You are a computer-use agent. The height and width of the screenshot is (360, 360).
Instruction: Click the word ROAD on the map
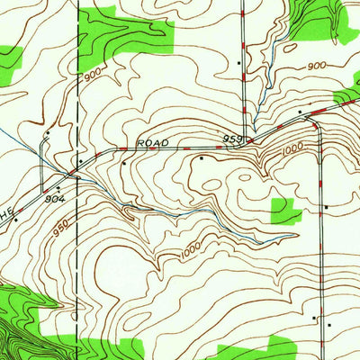point(152,142)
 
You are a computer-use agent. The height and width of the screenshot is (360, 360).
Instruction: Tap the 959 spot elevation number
point(233,139)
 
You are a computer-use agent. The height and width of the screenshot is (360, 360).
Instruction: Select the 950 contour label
point(60,231)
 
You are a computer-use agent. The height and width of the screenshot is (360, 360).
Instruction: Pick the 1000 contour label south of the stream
point(189,254)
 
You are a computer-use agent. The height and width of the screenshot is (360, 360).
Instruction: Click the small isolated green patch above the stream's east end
point(286,211)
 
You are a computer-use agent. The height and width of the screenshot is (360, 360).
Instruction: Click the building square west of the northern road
point(238,63)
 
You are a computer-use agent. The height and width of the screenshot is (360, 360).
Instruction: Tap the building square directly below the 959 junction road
point(202,158)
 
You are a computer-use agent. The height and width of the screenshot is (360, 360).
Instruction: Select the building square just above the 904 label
point(58,188)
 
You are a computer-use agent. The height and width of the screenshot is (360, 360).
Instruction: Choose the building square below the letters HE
point(15,220)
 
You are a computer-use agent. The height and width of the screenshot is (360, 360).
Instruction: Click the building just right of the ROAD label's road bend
point(123,163)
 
